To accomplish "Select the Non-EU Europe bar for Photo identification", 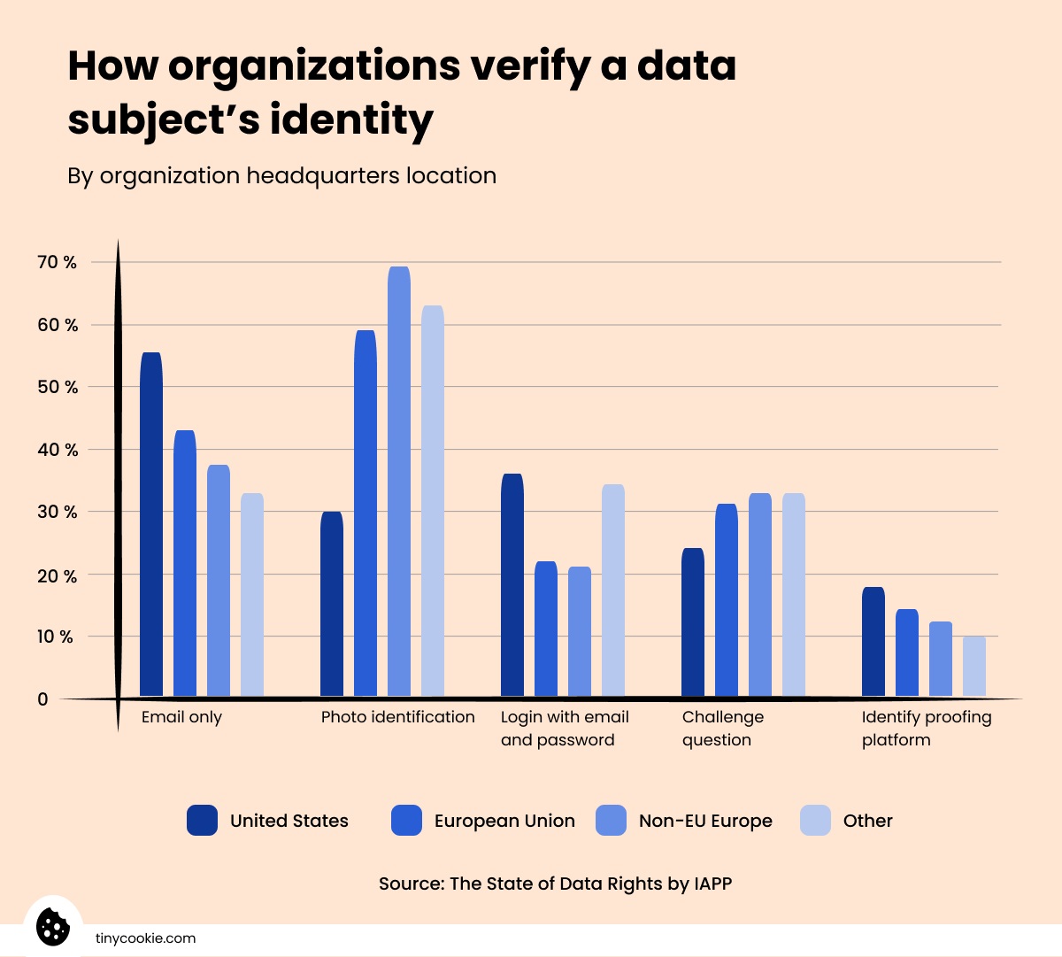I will pos(399,482).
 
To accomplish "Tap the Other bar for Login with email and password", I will pos(613,590).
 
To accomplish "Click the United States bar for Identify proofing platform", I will pos(873,642).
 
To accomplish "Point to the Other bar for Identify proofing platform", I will pos(974,667).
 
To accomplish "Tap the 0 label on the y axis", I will pos(42,699).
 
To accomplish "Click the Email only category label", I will pos(181,717).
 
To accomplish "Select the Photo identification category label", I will pos(397,717).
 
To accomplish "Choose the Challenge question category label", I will pos(722,729).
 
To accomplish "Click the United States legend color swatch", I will pos(202,821).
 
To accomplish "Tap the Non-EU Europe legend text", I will pos(705,821).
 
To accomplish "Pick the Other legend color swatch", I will pos(815,821).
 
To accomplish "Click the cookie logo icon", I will pos(53,927).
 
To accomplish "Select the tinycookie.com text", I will pos(145,938).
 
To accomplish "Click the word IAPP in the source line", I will pos(712,884).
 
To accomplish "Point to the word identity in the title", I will pos(351,120).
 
